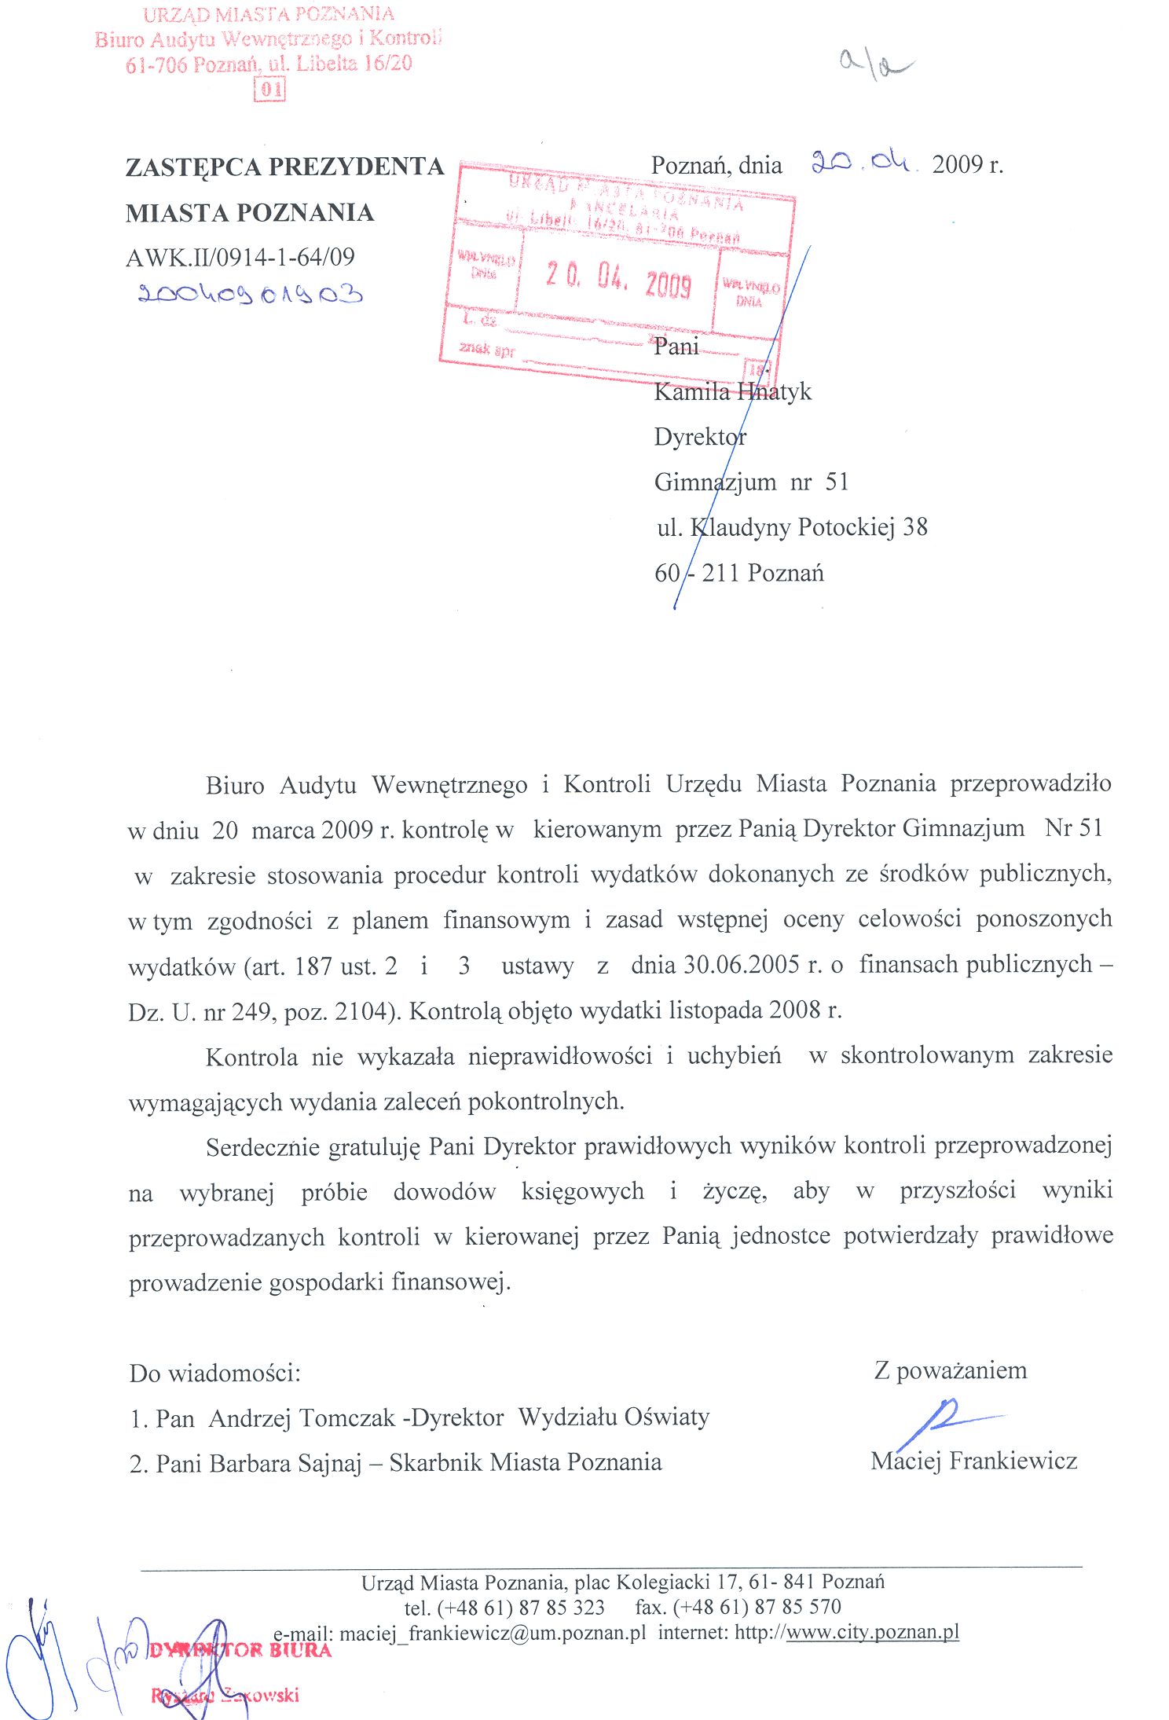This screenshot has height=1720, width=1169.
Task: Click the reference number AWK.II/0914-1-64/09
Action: (240, 257)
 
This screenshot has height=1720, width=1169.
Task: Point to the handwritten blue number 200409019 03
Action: (250, 295)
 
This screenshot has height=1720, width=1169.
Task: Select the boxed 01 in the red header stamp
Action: (269, 90)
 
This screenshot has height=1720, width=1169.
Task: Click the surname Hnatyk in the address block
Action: (774, 391)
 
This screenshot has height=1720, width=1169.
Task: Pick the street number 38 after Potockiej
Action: (914, 526)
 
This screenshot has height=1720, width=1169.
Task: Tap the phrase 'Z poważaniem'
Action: (950, 1370)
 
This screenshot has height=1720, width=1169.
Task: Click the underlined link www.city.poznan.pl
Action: (872, 1632)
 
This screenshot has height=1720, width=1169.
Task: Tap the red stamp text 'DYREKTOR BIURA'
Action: (240, 1650)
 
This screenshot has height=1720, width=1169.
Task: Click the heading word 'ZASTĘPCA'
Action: (193, 167)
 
